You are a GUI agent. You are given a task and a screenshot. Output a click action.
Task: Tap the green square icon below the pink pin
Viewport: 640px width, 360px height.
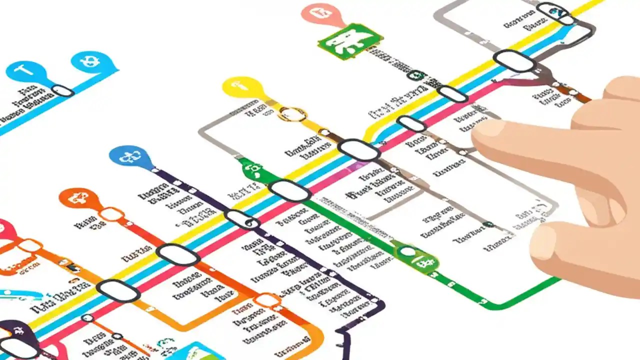click(x=350, y=41)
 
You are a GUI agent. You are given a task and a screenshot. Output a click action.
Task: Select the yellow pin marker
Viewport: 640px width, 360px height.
click(x=242, y=87)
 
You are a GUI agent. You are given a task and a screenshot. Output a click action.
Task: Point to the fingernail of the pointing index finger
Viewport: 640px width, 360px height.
click(x=488, y=129)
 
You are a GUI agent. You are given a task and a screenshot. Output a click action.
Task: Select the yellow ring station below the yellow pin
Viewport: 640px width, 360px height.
click(x=292, y=114)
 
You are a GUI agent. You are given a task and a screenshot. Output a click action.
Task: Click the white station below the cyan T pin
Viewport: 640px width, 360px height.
click(x=62, y=90)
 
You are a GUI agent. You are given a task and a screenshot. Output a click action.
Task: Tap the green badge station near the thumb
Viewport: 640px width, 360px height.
click(x=417, y=257)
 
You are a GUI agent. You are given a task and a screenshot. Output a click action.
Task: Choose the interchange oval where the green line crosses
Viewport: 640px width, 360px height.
click(x=289, y=190)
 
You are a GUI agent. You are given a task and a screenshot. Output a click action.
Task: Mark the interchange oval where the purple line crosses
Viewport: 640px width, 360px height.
click(x=241, y=219)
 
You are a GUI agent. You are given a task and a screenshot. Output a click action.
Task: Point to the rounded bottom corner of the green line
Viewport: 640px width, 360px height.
click(x=492, y=303)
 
